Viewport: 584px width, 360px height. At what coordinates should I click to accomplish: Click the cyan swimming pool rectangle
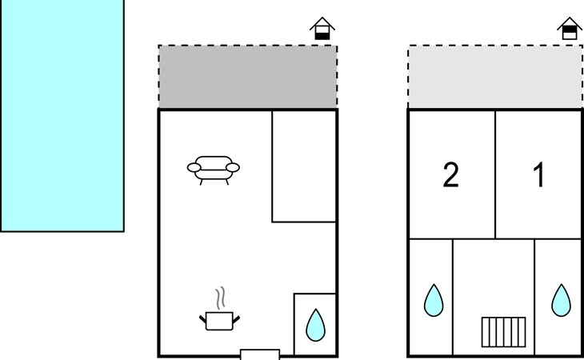click(x=62, y=115)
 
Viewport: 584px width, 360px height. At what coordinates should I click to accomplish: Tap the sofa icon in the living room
click(x=214, y=170)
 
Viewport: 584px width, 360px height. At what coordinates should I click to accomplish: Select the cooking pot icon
click(x=218, y=321)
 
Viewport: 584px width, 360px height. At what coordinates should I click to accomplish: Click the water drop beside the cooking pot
click(x=315, y=325)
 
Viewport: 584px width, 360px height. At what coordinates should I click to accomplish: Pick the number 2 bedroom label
click(x=451, y=175)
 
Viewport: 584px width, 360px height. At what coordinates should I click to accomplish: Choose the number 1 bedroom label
click(x=539, y=175)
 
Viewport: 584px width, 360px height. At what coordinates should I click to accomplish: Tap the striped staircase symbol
click(x=504, y=330)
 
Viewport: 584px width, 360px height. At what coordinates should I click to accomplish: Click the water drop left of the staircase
click(x=434, y=300)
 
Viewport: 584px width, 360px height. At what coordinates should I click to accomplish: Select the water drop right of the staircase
click(x=562, y=300)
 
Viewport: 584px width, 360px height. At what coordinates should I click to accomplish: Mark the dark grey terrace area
click(x=247, y=77)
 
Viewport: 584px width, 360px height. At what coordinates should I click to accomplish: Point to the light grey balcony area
click(x=495, y=77)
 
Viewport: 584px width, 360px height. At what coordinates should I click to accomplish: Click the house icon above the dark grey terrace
click(x=322, y=28)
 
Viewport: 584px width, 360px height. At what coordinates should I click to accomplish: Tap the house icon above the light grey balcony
click(x=569, y=28)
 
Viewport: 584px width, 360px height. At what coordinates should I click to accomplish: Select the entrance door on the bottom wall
click(x=260, y=354)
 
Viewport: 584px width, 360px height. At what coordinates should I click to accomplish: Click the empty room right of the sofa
click(x=304, y=166)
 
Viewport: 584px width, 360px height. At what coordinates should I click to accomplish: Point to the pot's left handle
click(x=202, y=320)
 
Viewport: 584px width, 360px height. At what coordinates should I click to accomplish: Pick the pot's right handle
click(x=235, y=320)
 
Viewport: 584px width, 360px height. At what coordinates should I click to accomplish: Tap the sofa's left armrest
click(x=193, y=168)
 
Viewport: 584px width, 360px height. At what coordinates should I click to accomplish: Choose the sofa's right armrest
click(x=234, y=167)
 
